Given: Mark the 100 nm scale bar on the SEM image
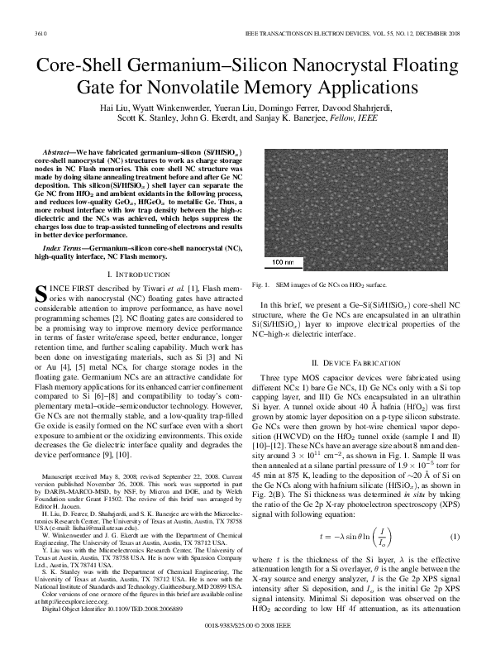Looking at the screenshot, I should [x=281, y=263].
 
